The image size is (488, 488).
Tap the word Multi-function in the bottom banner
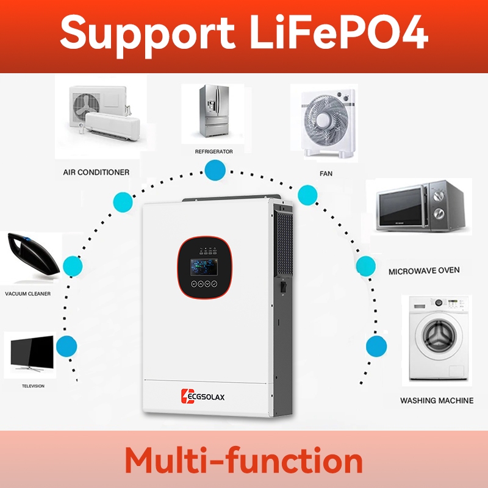243,460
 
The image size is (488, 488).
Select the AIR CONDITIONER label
96,172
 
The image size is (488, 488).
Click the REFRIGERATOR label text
214,151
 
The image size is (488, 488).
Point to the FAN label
326,174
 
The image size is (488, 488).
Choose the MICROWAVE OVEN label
424,271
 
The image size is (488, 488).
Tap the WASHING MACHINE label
437,401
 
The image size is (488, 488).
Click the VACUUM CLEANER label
27,293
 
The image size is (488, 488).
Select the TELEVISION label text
33,386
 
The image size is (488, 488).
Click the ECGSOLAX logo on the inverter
203,396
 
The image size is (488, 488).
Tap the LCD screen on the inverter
204,267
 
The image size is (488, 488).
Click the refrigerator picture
214,112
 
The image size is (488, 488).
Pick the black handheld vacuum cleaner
33,254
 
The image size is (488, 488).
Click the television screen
32,351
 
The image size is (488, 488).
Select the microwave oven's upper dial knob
439,195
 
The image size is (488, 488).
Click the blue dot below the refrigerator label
215,170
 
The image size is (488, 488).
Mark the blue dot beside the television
66,346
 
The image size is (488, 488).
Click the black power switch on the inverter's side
283,287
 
